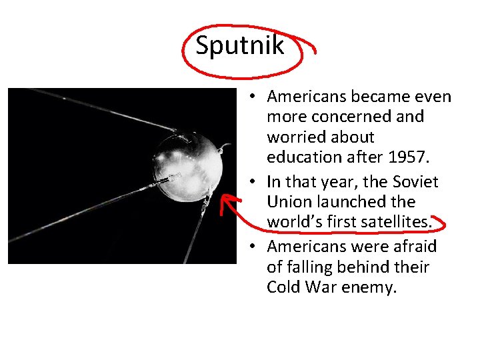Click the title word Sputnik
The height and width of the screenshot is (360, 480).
pyautogui.click(x=240, y=45)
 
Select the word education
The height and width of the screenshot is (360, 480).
pyautogui.click(x=301, y=158)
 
